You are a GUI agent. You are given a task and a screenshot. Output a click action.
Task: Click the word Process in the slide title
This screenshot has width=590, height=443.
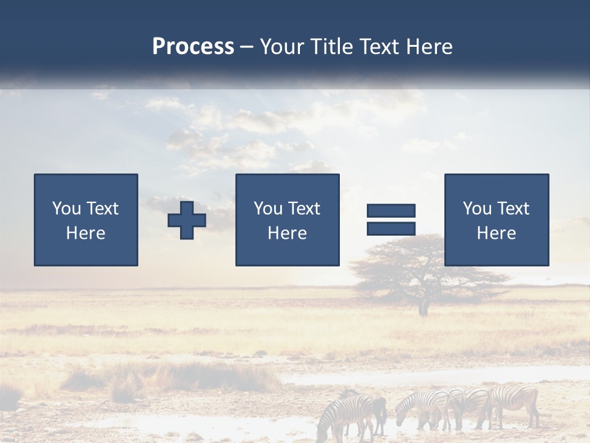(193, 47)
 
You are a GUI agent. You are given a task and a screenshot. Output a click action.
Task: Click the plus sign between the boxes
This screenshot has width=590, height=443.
(187, 220)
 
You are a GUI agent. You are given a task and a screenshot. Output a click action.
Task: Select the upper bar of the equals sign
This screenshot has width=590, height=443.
(391, 211)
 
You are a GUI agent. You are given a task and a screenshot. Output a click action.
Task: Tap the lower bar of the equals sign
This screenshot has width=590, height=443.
(391, 229)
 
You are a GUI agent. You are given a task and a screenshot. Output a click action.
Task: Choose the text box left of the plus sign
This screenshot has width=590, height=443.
(86, 220)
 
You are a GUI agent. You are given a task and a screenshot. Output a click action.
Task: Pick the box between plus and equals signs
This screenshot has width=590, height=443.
(287, 220)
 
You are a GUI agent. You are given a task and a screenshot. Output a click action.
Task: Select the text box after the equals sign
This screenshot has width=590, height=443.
(496, 220)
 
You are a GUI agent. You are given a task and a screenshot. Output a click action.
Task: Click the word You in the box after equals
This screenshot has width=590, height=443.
(478, 209)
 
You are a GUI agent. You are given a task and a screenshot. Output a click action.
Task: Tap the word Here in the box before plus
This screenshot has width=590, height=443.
(85, 233)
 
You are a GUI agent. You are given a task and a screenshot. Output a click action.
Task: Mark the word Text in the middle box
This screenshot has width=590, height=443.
(304, 209)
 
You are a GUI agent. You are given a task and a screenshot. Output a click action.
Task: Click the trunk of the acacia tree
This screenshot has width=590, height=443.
(423, 304)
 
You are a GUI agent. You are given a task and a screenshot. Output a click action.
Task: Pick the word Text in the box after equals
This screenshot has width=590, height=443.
(513, 209)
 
